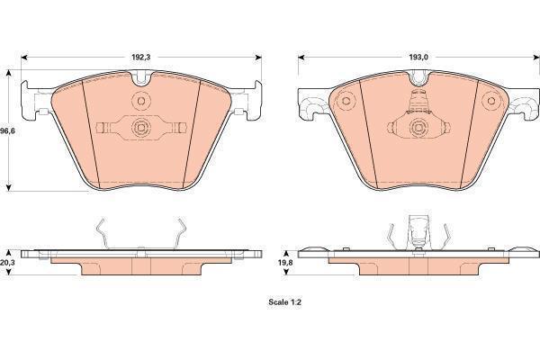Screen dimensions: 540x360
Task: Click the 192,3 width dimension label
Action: click(x=141, y=58)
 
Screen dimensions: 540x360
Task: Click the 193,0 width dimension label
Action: click(x=418, y=58)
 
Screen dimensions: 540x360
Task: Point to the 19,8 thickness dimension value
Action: click(x=285, y=262)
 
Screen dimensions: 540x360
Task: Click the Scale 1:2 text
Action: click(x=284, y=302)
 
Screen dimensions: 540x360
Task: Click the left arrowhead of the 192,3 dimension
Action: click(x=24, y=58)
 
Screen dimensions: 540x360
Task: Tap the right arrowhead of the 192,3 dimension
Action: click(x=258, y=58)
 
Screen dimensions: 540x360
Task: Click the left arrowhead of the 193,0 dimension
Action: click(x=301, y=58)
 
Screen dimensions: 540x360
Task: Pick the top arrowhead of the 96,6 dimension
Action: click(x=9, y=73)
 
